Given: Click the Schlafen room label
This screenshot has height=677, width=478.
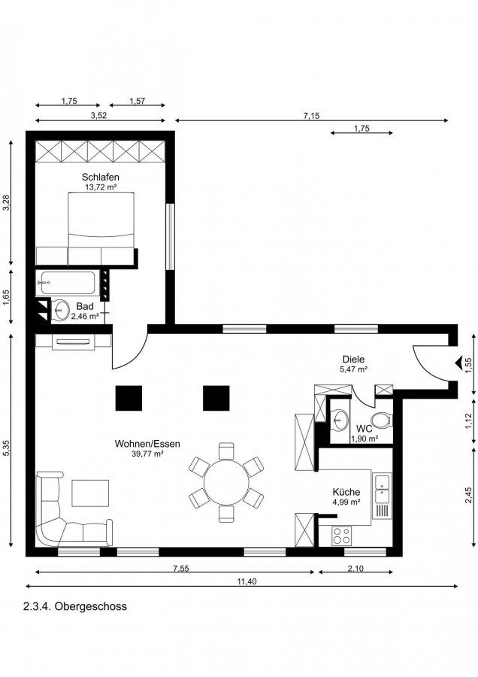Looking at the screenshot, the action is click(x=101, y=177).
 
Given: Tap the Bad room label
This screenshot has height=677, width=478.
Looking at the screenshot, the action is click(x=85, y=307).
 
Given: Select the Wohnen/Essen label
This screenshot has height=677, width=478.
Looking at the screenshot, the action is click(x=147, y=444).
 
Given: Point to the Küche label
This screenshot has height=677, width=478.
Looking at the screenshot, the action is click(x=346, y=492).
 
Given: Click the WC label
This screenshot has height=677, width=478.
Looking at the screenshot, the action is click(x=364, y=430).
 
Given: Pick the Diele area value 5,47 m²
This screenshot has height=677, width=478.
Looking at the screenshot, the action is click(x=353, y=369).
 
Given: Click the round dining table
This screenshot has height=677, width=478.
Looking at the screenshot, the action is click(x=226, y=482).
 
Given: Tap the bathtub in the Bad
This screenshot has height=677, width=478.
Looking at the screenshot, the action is click(x=68, y=283).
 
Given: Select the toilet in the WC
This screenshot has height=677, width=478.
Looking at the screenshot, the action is click(x=382, y=420).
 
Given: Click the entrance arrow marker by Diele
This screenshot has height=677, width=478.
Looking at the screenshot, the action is click(x=458, y=363).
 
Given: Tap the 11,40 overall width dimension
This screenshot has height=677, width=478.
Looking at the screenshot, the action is click(x=247, y=581).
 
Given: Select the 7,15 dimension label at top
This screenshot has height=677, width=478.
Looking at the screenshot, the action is click(x=311, y=115).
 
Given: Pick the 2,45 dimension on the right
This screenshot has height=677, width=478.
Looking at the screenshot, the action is click(x=468, y=495).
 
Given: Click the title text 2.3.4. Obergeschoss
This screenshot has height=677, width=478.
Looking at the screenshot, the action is click(x=75, y=606).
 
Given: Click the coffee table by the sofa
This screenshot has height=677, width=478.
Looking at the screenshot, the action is click(x=90, y=493).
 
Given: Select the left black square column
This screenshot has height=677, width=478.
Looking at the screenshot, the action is click(x=129, y=398).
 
